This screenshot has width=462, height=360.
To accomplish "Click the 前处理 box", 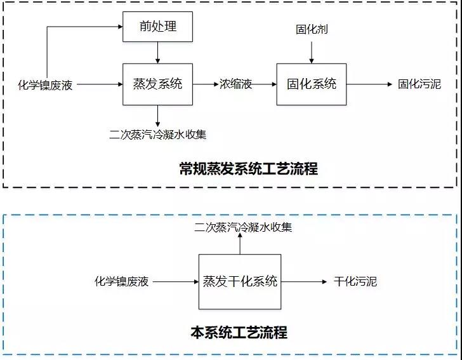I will [x=157, y=27].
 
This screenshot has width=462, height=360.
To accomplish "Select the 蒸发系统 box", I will [x=157, y=84].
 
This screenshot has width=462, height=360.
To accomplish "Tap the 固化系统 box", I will [x=311, y=84].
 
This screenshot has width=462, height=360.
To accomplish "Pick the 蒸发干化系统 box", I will [x=240, y=281].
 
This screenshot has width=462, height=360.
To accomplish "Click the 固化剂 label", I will [x=311, y=30].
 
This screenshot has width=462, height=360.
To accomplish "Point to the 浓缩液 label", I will [x=235, y=84].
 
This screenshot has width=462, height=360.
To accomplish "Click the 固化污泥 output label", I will [x=419, y=84].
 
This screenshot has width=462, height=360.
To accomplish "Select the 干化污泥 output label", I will [x=355, y=281].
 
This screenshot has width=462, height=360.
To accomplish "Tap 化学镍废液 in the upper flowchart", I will [x=45, y=84].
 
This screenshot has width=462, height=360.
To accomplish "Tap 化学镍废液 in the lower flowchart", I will [x=121, y=281].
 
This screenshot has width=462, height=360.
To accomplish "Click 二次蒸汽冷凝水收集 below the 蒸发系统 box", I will [x=157, y=134].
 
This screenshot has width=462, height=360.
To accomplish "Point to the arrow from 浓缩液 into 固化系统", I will [x=265, y=84].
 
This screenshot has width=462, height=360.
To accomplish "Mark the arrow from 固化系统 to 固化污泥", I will [x=369, y=84].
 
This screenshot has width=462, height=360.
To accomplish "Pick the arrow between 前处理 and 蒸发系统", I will [x=157, y=53].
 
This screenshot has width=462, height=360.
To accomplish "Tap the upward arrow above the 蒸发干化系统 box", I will [x=240, y=244].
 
